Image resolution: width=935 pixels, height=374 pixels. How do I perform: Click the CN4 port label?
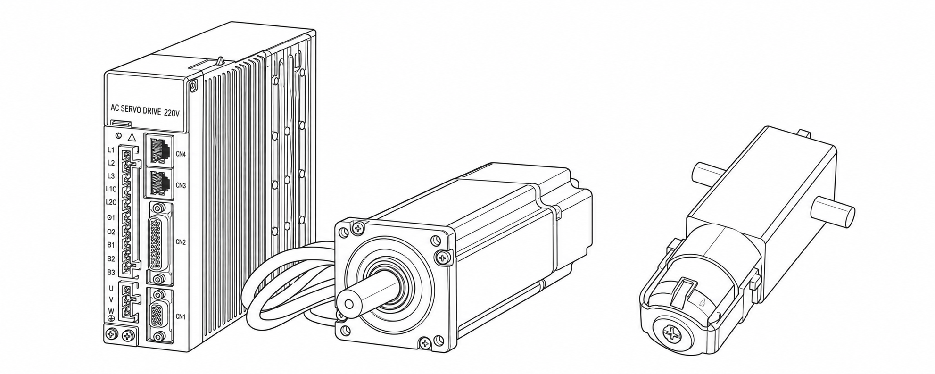coord(181,154)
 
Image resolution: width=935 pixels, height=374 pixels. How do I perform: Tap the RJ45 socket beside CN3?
coord(160,182)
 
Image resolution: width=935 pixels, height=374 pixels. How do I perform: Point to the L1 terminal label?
coord(111,150)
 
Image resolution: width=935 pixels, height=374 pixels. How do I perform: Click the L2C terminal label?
coord(111,202)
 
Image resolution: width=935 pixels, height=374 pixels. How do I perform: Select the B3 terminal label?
coord(111,272)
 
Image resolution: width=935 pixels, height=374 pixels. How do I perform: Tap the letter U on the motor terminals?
coord(111,288)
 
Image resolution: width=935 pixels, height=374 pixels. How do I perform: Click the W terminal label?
coord(111,311)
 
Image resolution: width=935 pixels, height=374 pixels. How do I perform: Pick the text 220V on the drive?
coord(174,112)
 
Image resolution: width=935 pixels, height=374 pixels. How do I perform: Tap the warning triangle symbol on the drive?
coord(132,138)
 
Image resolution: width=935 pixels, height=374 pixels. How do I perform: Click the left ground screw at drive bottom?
coord(112,335)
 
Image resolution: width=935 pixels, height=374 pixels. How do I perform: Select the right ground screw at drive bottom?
coord(127,336)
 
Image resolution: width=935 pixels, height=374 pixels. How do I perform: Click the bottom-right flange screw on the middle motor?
coord(425,343)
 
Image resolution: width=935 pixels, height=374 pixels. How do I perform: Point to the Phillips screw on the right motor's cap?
coord(672,335)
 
